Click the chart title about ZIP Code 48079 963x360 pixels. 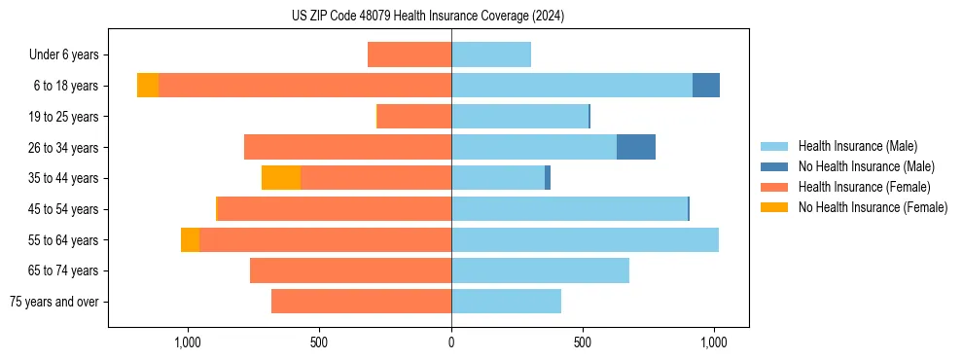[428, 17]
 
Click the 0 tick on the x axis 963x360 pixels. [451, 342]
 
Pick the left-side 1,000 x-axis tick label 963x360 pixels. [187, 342]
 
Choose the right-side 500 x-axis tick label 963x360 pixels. [583, 342]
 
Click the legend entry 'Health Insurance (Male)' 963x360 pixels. [857, 146]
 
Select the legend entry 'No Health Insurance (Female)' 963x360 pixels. [873, 207]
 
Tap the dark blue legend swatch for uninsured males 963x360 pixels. [774, 166]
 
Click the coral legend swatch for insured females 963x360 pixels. [774, 187]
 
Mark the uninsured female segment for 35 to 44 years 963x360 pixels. [281, 178]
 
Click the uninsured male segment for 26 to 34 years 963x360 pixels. [636, 147]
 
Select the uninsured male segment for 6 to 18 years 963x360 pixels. [706, 86]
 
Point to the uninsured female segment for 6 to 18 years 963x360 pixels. [148, 86]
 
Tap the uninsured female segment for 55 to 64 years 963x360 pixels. [190, 239]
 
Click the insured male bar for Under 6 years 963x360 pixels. [491, 54]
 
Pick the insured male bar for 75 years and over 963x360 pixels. [506, 302]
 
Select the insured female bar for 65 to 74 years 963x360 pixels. [350, 270]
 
